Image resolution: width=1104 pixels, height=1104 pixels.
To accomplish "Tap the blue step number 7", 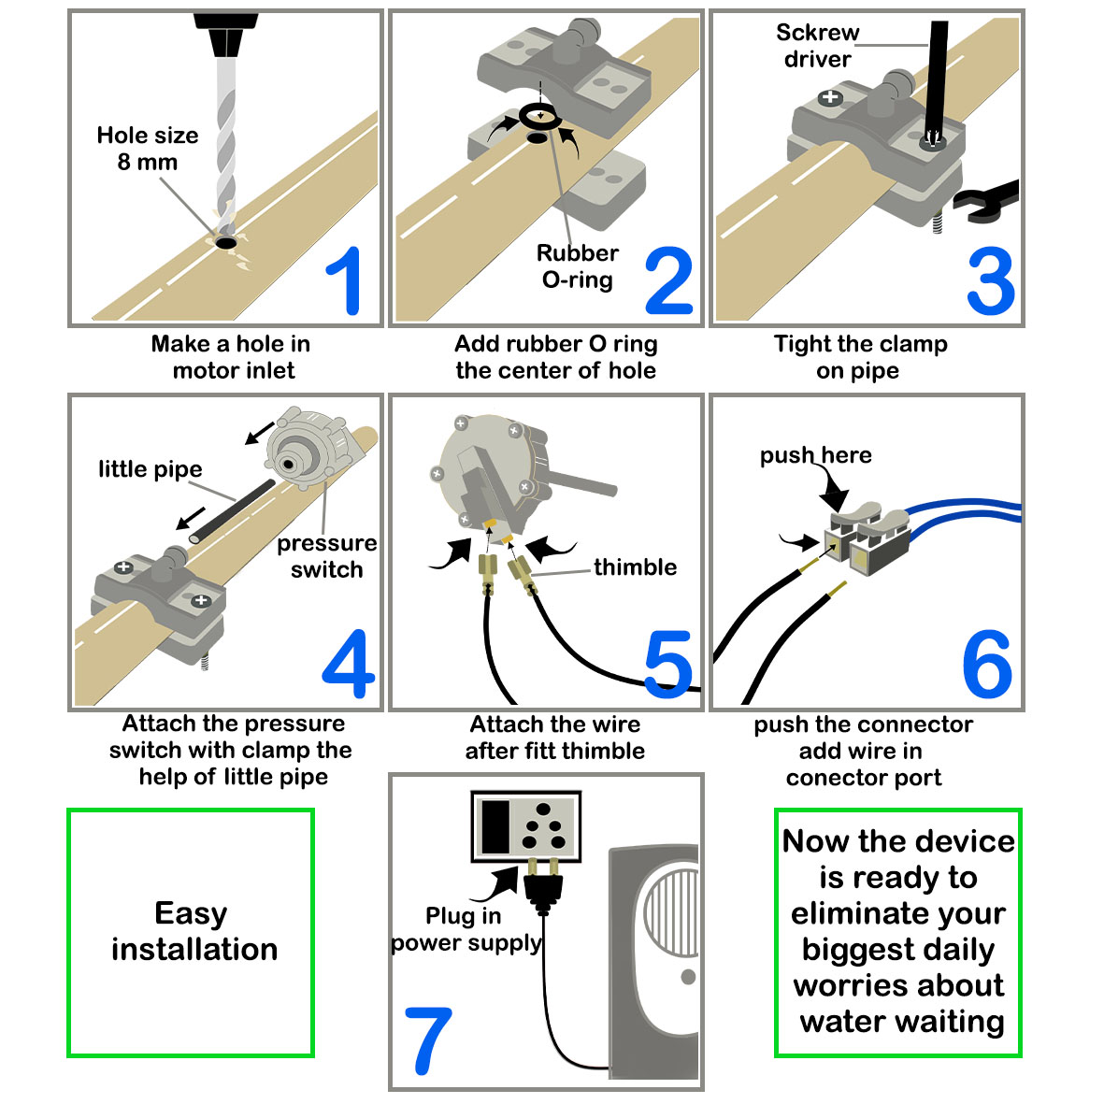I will [428, 1039].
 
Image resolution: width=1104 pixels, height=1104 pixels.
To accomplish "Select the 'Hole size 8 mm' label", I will [148, 149].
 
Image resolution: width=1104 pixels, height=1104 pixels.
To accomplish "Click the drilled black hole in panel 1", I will [226, 243].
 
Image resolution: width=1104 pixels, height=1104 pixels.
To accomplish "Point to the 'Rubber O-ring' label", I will [577, 266].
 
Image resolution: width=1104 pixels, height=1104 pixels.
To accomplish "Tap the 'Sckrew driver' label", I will [817, 46].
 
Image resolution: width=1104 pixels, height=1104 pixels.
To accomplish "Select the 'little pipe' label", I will [150, 469].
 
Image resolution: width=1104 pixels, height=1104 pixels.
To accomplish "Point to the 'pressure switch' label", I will [326, 556].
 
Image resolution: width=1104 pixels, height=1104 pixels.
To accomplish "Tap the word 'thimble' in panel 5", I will [635, 567].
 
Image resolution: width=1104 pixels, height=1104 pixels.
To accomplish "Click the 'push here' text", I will [815, 455].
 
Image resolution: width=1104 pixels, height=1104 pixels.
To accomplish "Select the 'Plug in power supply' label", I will [466, 929].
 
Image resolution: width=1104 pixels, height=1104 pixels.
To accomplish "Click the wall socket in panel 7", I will [525, 824].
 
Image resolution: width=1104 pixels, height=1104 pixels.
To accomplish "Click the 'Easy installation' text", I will [194, 931].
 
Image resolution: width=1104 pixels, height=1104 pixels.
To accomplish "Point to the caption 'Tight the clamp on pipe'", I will [860, 357].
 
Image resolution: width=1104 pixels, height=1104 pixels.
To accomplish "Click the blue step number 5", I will [667, 665].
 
